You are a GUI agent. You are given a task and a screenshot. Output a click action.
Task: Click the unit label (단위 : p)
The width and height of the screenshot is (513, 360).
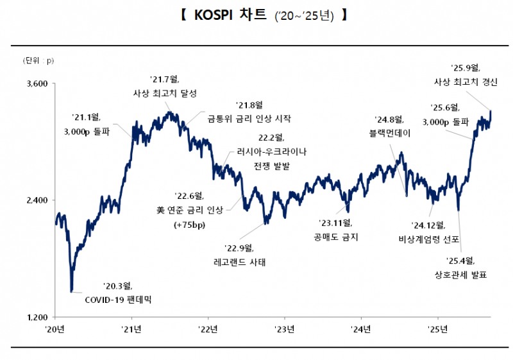coord(39,61)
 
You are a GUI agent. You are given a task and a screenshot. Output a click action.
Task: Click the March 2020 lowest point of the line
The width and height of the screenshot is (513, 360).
coord(71,291)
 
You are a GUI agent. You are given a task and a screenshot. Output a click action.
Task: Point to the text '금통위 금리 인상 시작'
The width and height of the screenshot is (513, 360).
coord(249,118)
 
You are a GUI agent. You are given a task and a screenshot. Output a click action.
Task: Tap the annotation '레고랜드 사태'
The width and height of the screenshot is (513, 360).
coord(239,262)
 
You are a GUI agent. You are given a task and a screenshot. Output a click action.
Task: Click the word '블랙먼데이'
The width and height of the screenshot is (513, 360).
coord(390,133)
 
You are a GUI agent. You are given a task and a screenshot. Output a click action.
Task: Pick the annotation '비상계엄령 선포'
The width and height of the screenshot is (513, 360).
coord(428,239)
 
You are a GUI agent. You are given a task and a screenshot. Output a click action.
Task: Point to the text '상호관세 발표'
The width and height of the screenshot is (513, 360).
coord(460,275)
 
